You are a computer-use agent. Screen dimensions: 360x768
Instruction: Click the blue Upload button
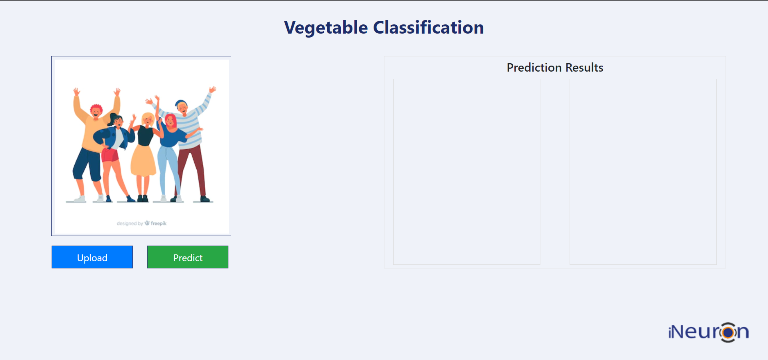92,257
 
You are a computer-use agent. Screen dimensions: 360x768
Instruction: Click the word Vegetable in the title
326,28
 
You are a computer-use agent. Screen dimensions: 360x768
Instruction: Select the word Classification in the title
428,28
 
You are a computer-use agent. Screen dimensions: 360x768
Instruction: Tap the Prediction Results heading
555,68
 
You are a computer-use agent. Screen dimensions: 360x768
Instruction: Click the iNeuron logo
708,332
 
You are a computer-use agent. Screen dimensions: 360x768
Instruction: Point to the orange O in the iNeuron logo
728,332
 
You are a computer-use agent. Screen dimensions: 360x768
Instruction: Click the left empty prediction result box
466,172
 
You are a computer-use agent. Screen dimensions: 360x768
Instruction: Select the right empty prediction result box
643,172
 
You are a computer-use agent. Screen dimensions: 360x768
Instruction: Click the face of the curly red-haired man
96,112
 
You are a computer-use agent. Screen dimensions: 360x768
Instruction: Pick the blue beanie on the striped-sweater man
180,103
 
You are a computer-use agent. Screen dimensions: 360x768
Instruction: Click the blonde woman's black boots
143,198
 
